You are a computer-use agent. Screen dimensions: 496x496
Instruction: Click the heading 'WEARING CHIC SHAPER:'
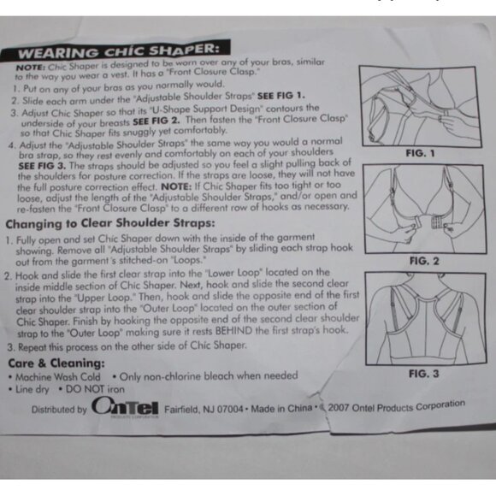pos(118,51)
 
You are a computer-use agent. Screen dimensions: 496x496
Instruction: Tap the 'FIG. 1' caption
pos(420,153)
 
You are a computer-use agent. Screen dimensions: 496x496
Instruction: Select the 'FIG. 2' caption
pos(424,261)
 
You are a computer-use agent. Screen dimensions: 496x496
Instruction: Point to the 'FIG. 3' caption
pos(424,374)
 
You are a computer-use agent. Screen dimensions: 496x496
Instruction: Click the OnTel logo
pos(125,407)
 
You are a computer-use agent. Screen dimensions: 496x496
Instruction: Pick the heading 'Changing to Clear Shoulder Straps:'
pos(110,223)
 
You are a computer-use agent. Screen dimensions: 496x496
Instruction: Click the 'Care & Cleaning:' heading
pos(56,363)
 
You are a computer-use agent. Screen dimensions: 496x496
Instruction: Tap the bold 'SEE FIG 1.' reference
pos(281,96)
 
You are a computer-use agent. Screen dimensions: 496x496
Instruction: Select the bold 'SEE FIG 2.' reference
pos(156,121)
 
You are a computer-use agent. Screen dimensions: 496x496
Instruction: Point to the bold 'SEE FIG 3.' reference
pos(42,166)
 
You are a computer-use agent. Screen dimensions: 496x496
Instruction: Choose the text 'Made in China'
pos(281,408)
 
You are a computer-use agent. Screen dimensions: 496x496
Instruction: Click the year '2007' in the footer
pos(338,407)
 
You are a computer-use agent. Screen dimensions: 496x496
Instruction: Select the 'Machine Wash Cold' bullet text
pos(58,377)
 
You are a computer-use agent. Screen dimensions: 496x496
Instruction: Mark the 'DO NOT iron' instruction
pos(95,389)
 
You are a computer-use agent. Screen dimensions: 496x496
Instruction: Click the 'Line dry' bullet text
pos(32,389)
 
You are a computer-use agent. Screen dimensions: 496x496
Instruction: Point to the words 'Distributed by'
pos(59,410)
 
